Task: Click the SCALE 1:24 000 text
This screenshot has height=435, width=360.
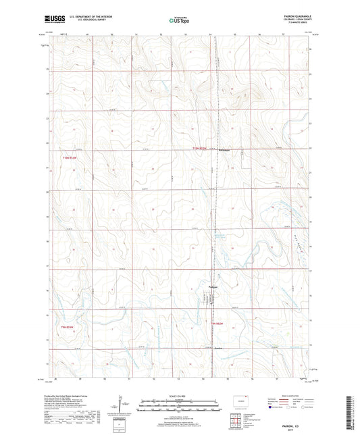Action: [180, 396]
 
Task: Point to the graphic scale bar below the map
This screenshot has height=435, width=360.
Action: [180, 407]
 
